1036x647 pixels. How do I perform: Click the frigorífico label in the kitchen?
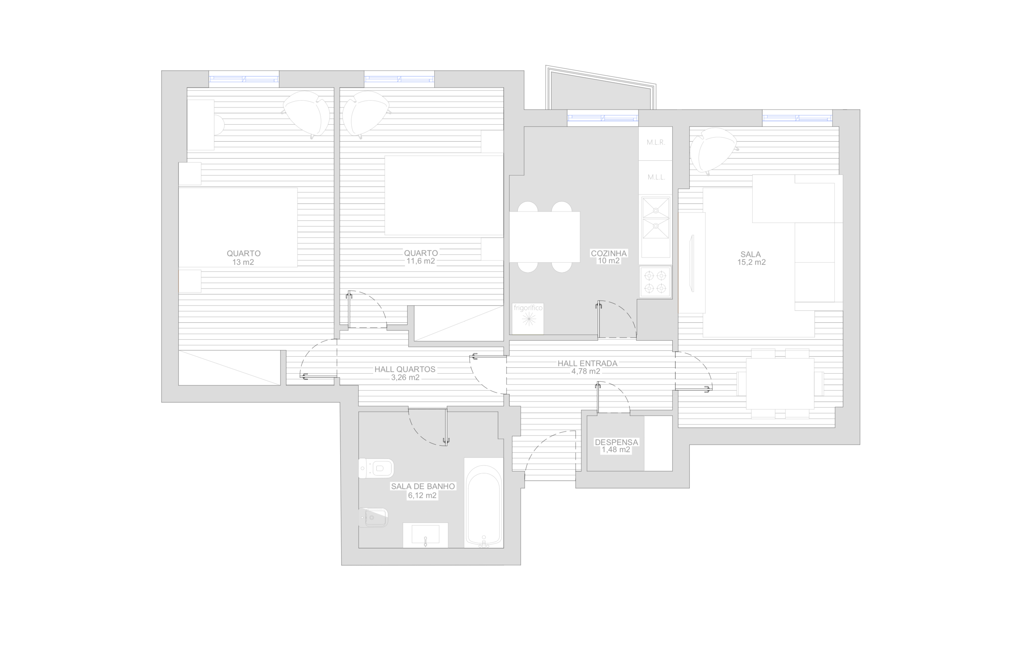pos(528,308)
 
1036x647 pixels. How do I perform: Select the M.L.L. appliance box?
pos(656,177)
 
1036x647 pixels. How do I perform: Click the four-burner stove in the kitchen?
pos(656,282)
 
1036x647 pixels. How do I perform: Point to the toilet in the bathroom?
pos(376,468)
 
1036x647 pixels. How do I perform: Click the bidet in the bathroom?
pos(373,517)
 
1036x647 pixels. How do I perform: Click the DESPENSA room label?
pos(616,442)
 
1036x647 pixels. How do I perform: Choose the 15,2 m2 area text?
pos(751,262)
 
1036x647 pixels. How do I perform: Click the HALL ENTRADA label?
pos(587,363)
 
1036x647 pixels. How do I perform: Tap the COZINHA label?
pos(608,253)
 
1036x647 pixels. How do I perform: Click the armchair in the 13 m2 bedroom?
pos(307,114)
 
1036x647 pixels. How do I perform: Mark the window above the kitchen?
pos(602,118)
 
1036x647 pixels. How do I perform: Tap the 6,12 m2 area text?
pos(422,495)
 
